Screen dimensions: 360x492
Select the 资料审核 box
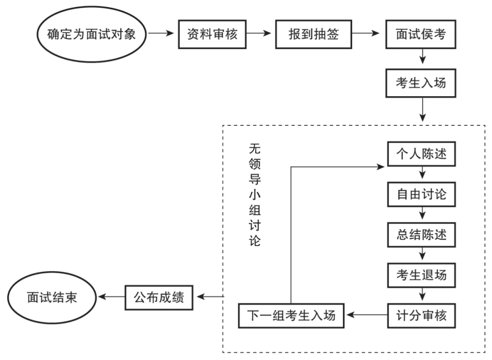coord(213,34)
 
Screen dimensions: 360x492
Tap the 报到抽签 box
coord(313,34)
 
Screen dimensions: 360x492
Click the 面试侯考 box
coord(421,34)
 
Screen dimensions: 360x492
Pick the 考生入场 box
coord(421,83)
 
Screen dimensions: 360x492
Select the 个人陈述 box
coord(421,154)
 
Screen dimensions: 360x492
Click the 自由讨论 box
coord(421,195)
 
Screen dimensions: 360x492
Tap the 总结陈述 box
coord(421,235)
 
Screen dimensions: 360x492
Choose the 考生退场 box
coord(421,275)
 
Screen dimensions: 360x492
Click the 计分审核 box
coord(421,315)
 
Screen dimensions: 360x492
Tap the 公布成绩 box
coord(159,297)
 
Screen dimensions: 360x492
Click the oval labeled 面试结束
coord(51,297)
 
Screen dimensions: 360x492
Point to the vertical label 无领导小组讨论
coord(255,195)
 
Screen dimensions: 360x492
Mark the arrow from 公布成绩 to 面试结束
coord(112,297)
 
